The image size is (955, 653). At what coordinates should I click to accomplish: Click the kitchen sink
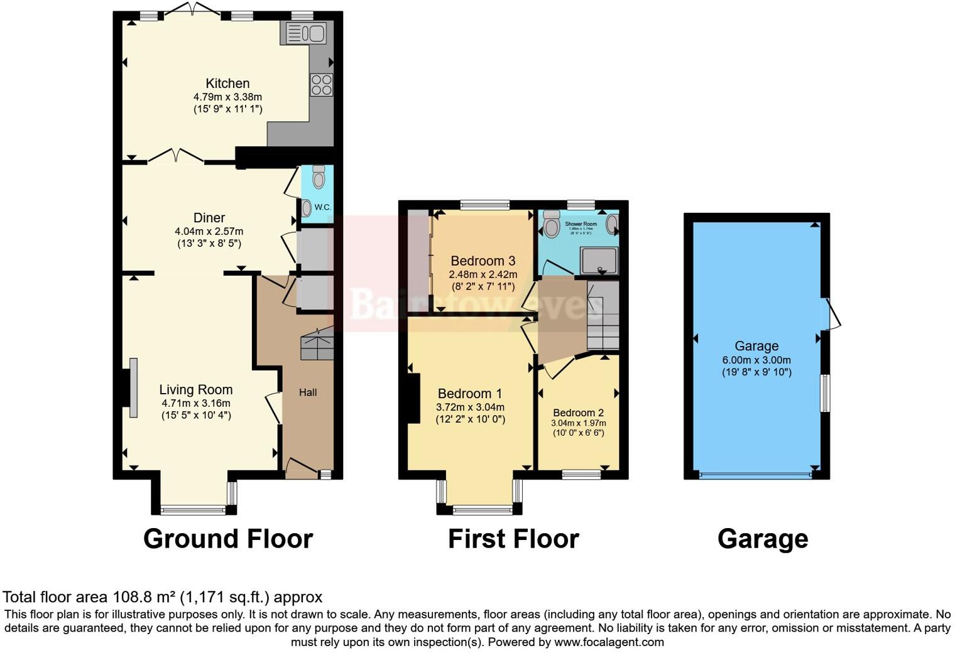[x=305, y=33]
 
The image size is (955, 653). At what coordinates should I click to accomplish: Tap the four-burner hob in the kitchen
[x=321, y=85]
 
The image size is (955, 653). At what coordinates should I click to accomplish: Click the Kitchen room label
[x=227, y=84]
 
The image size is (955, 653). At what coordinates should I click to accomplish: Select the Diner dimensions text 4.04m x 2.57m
[x=209, y=231]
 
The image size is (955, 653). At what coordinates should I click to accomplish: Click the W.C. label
[x=322, y=207]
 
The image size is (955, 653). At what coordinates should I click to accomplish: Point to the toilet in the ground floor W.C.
[x=319, y=177]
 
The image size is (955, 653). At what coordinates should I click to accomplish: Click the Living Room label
[x=196, y=390]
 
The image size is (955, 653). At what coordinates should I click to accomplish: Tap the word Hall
[x=308, y=392]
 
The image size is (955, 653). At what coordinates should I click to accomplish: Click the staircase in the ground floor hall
[x=317, y=345]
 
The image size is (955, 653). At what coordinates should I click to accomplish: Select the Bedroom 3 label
[x=483, y=261]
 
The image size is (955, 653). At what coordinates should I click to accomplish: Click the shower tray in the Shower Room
[x=599, y=261]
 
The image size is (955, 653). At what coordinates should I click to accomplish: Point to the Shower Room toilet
[x=552, y=224]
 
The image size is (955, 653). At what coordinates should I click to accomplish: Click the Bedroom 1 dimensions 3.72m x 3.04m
[x=470, y=407]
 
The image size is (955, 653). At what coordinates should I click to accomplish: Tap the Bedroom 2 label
[x=578, y=413]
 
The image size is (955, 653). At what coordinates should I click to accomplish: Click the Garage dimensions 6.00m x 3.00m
[x=756, y=360]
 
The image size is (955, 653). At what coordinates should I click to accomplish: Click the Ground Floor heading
[x=228, y=539]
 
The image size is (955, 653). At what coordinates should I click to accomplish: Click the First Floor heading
[x=513, y=539]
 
